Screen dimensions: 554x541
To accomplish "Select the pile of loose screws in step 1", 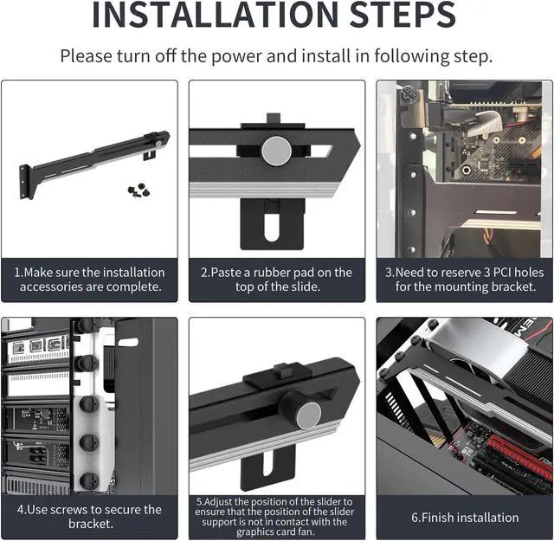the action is [138, 190].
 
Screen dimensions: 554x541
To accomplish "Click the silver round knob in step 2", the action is [277, 151].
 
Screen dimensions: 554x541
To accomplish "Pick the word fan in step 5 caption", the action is [306, 531].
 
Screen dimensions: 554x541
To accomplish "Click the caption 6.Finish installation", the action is [465, 518].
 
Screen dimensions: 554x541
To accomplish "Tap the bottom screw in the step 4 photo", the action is [88, 480].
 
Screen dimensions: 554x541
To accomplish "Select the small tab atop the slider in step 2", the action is [274, 118].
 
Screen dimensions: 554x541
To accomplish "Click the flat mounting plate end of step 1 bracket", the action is [24, 183].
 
